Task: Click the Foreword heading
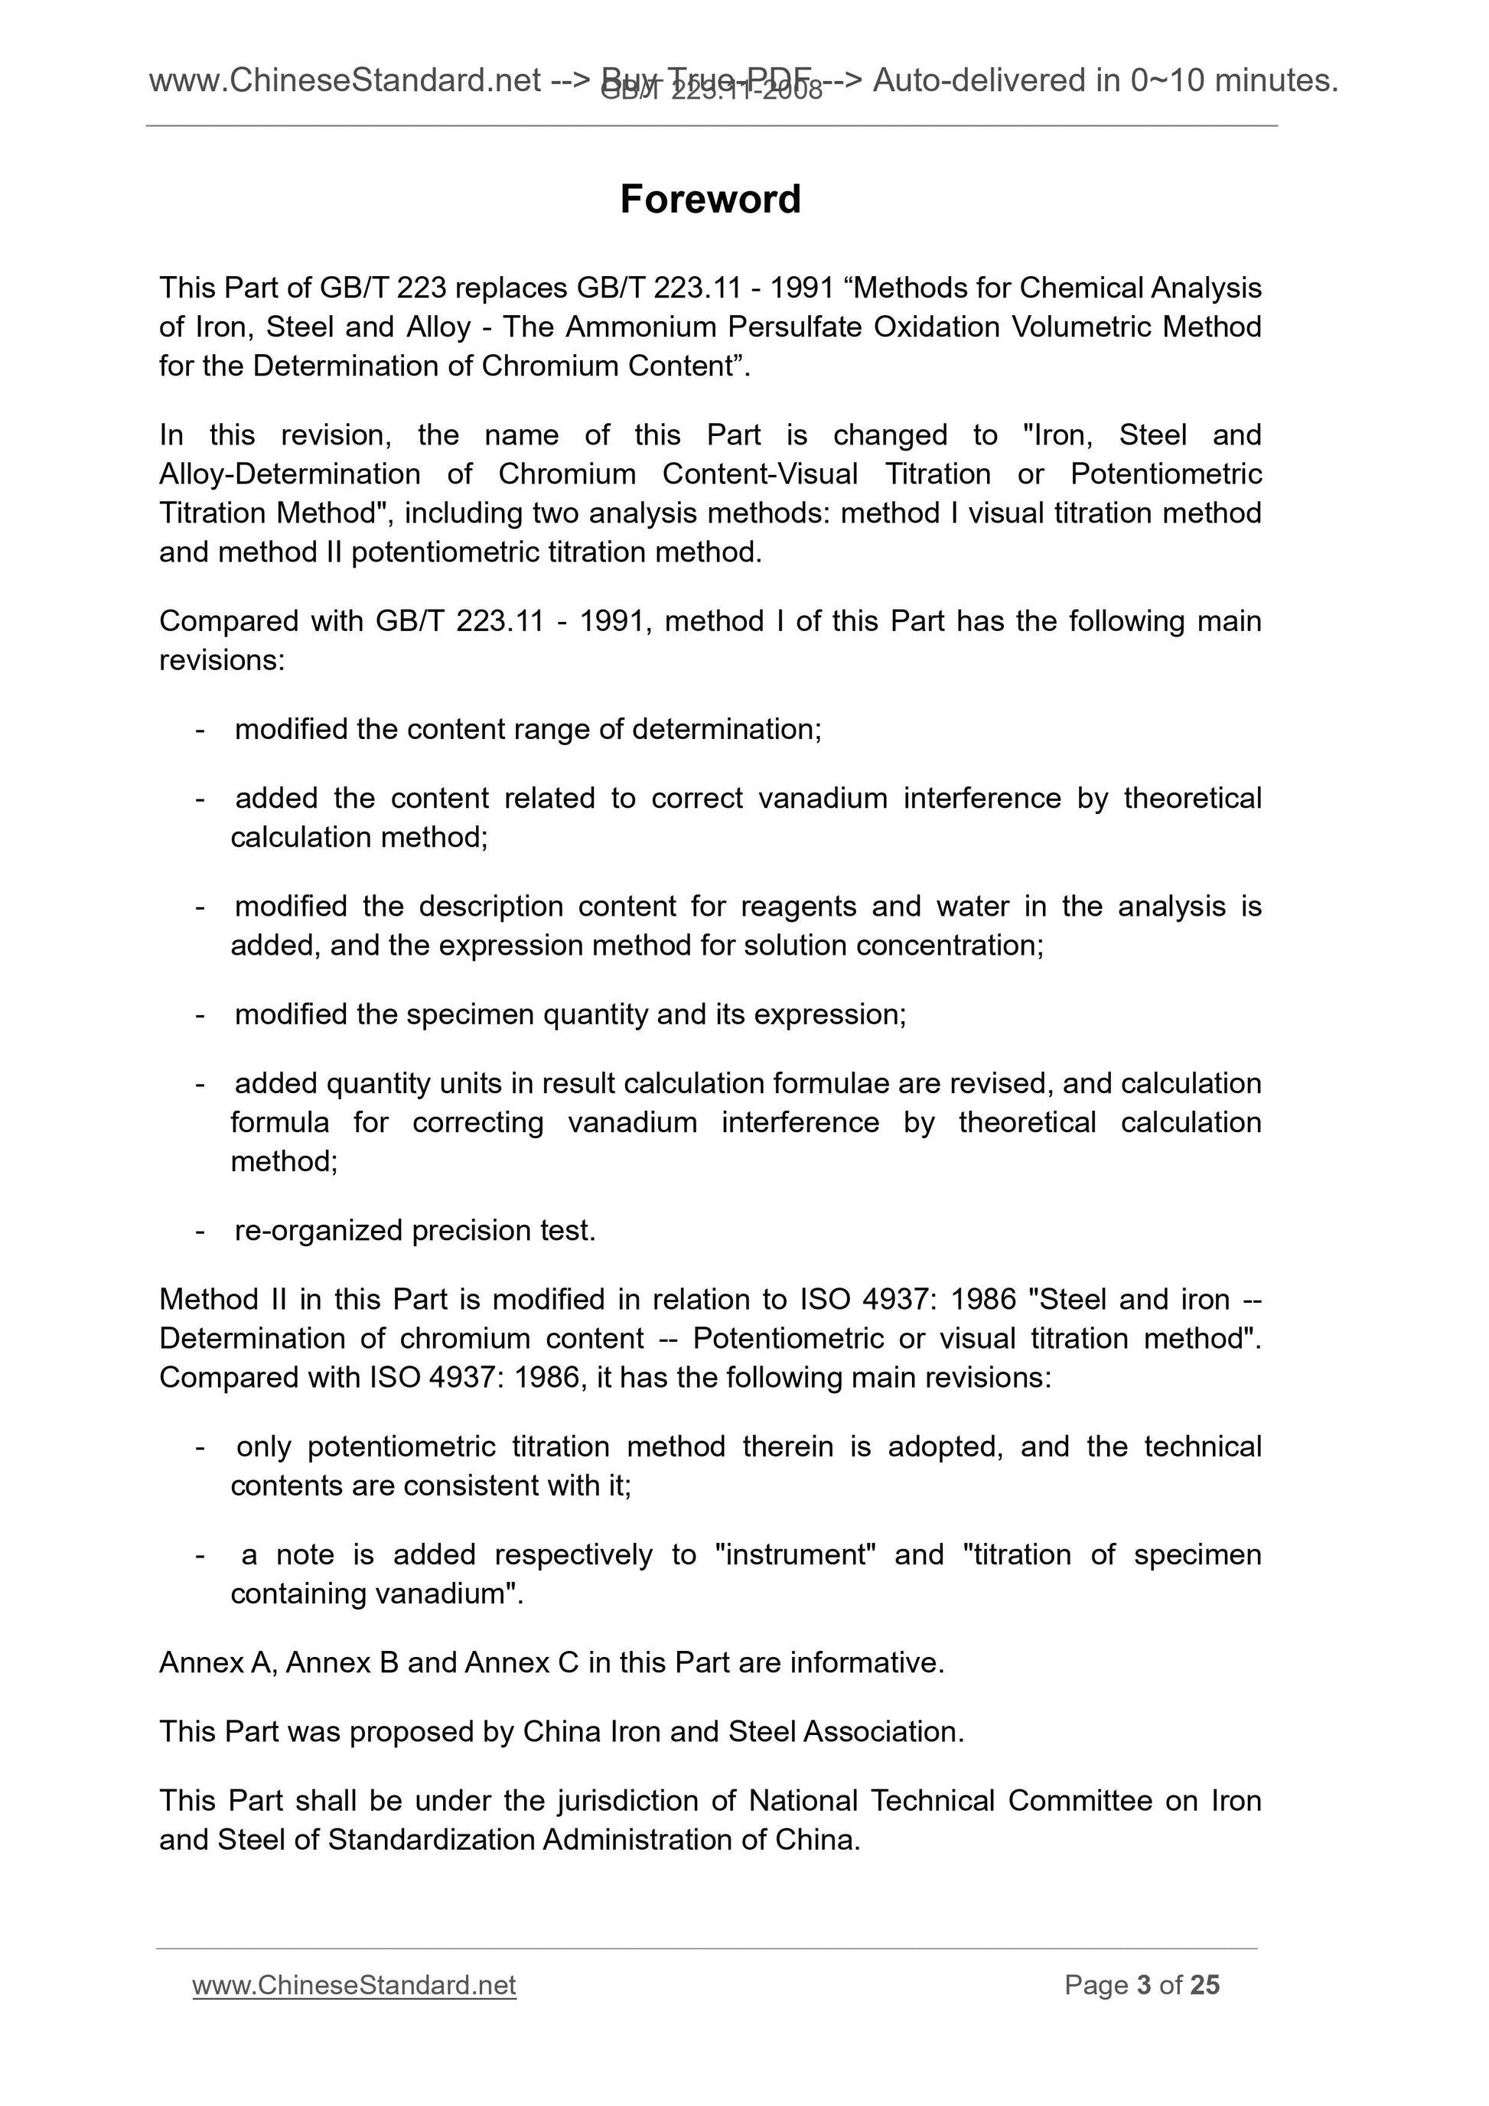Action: click(710, 199)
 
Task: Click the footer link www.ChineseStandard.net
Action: click(354, 1985)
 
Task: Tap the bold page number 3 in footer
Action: click(1143, 1985)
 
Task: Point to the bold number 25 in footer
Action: click(1204, 1985)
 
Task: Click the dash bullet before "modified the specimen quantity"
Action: click(200, 1014)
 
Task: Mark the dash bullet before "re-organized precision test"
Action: click(200, 1230)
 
